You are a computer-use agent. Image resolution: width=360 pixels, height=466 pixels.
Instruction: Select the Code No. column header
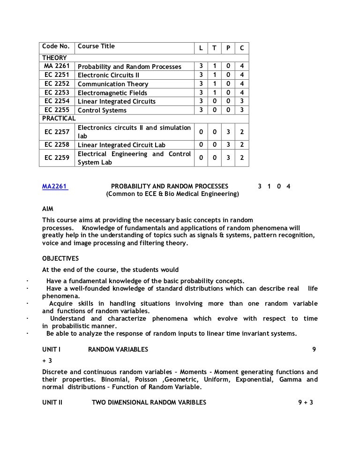coord(56,46)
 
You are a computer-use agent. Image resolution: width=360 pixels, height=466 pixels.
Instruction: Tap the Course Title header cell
coord(96,46)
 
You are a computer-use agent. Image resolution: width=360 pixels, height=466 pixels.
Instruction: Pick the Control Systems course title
coord(102,111)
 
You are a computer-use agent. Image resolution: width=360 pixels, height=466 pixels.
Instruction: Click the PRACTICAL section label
coord(59,119)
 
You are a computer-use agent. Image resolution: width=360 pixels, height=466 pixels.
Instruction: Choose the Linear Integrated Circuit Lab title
coord(121,145)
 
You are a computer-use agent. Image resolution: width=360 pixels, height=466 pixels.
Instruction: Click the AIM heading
coord(48,210)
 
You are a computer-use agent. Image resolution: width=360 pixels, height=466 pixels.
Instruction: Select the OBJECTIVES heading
coord(60,258)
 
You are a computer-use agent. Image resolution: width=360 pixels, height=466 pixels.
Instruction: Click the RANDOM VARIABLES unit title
coord(118,349)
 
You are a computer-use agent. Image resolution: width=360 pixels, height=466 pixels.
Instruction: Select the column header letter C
coord(241,48)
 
